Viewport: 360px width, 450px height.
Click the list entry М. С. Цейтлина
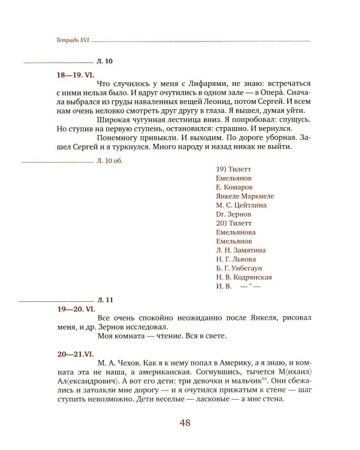(241, 205)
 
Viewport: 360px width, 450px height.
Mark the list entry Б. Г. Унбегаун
(239, 268)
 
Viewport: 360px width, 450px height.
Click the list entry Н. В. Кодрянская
(244, 277)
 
